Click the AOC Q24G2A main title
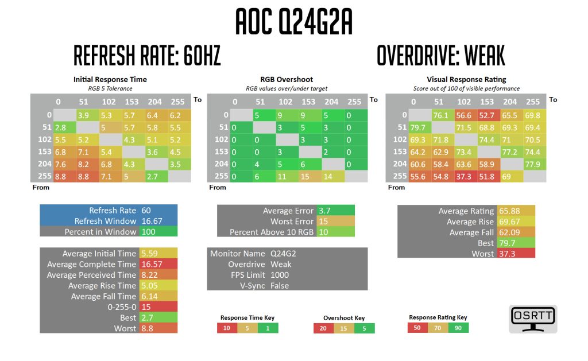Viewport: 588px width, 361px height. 293,23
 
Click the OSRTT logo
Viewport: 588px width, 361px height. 533,319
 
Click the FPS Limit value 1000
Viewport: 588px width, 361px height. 280,275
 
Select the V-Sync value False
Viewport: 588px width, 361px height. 280,286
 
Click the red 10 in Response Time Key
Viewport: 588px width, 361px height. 227,328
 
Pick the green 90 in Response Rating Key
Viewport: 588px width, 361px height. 458,328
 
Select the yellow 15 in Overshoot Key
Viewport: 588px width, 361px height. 344,328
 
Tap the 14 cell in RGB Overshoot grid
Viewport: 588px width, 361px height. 331,176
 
